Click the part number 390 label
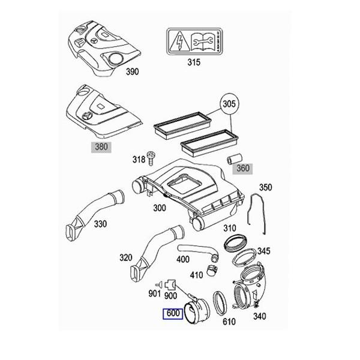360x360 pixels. pyautogui.click(x=131, y=71)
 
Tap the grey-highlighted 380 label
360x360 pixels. pyautogui.click(x=101, y=146)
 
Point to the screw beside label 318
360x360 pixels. pyautogui.click(x=151, y=158)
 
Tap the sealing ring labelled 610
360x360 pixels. pyautogui.click(x=220, y=302)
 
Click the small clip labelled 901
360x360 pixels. pyautogui.click(x=160, y=283)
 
